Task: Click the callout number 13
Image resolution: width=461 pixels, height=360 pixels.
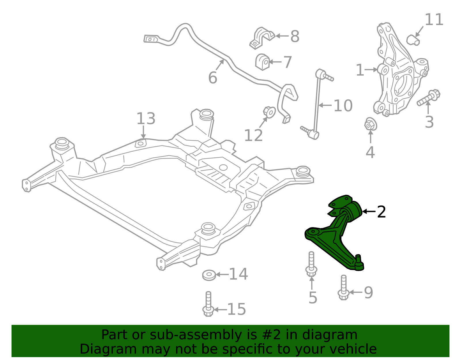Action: point(146,119)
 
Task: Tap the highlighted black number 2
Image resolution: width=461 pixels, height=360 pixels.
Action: point(381,212)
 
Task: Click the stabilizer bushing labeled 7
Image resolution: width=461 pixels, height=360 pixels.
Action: point(262,62)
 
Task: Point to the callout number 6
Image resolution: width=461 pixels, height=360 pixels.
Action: point(213,78)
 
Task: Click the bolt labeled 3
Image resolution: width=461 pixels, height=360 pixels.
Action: point(428,97)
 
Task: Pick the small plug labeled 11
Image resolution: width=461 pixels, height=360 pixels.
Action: point(413,40)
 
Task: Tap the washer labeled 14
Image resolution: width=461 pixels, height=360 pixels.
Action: point(209,275)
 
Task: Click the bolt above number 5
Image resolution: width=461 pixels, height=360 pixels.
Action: point(311,264)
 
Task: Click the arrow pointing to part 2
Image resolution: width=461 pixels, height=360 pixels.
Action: point(369,212)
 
